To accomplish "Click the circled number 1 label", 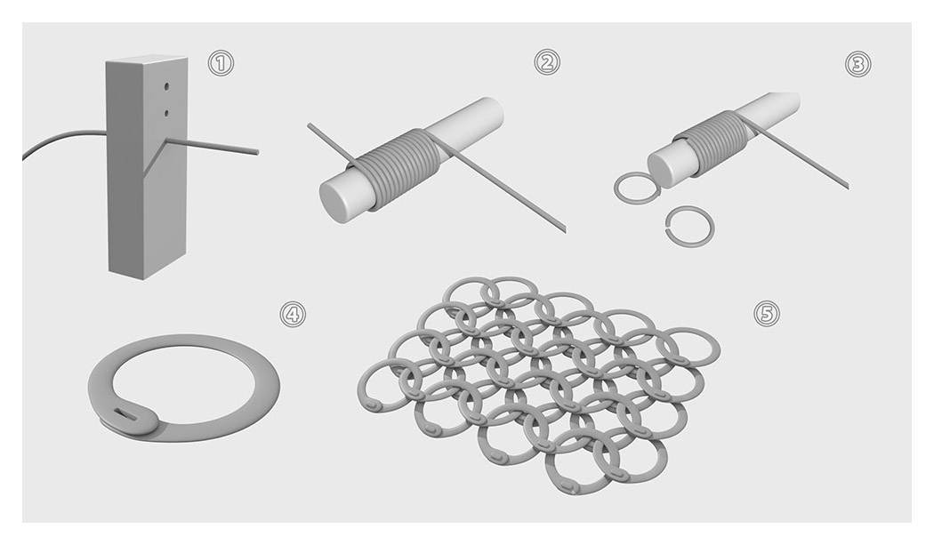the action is pyautogui.click(x=221, y=63).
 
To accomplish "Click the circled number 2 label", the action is pyautogui.click(x=547, y=62).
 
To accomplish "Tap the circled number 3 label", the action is pyautogui.click(x=858, y=64).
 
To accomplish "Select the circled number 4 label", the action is pyautogui.click(x=293, y=314).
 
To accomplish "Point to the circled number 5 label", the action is pyautogui.click(x=767, y=313).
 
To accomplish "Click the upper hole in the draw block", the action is pyautogui.click(x=166, y=87).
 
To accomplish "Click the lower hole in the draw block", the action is pyautogui.click(x=166, y=113).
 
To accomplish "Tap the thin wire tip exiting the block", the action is pyautogui.click(x=257, y=153).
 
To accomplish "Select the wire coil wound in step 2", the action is pyautogui.click(x=398, y=167).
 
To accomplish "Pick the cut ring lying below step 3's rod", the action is pyautogui.click(x=689, y=227).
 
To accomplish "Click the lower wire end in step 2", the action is pyautogui.click(x=563, y=229).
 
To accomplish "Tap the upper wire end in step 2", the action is pyautogui.click(x=310, y=125).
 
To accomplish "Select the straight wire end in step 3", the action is pyautogui.click(x=846, y=187).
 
